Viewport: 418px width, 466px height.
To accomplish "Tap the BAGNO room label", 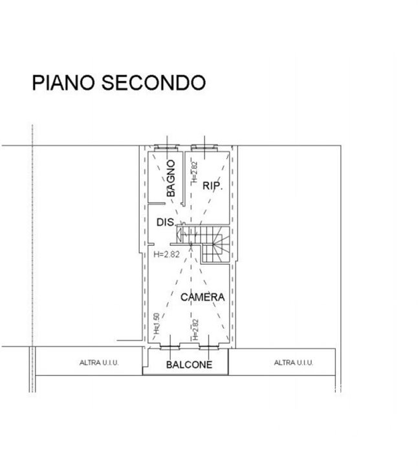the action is point(171,179).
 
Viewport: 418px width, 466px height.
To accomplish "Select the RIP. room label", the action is point(213,186).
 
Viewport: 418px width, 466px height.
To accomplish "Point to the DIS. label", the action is point(167,222).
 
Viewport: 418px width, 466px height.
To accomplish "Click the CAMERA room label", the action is point(203,297).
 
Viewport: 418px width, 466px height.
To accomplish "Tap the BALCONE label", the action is point(189,364).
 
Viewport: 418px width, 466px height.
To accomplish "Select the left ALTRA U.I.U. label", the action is point(99,362).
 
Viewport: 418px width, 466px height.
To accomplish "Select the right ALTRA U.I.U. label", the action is point(294,362).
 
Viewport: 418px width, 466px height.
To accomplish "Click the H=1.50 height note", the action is point(157,324).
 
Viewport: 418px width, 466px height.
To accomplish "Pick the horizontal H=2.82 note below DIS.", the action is point(167,254).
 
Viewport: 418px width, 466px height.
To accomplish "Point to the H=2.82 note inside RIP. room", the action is point(194,172).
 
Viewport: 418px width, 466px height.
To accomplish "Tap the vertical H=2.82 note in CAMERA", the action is point(195,329).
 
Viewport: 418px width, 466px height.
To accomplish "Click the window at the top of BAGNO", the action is point(167,148).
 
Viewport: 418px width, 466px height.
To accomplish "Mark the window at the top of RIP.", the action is point(204,148).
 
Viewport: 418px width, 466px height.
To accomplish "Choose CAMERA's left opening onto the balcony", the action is point(170,346).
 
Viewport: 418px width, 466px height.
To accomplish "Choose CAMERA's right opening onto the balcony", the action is point(209,346).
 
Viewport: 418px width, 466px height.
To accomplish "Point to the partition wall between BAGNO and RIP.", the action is point(184,179).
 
